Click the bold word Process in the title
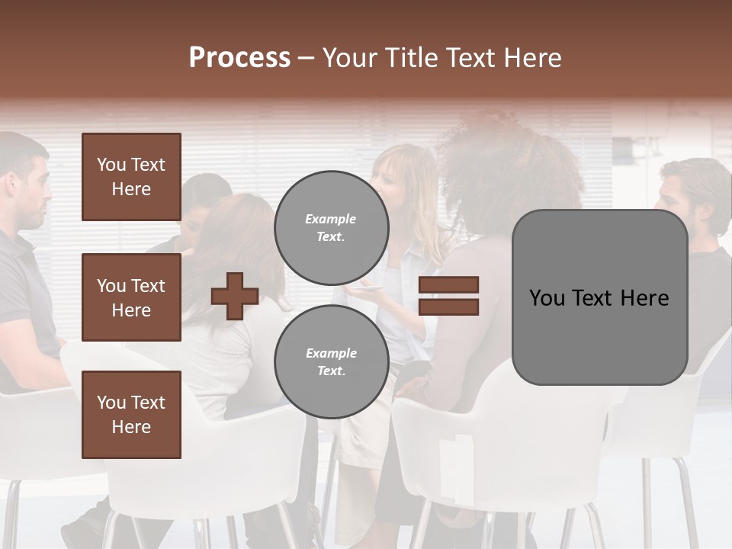click(x=239, y=58)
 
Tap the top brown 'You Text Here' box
click(x=131, y=177)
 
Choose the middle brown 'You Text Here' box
click(x=131, y=297)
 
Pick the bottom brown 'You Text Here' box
click(x=131, y=415)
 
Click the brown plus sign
click(x=235, y=296)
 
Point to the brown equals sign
click(x=449, y=296)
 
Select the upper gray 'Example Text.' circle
click(x=331, y=228)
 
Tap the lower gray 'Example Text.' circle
click(x=331, y=362)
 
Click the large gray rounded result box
click(x=599, y=297)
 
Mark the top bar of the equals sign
click(x=449, y=285)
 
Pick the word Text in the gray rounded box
click(x=599, y=297)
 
